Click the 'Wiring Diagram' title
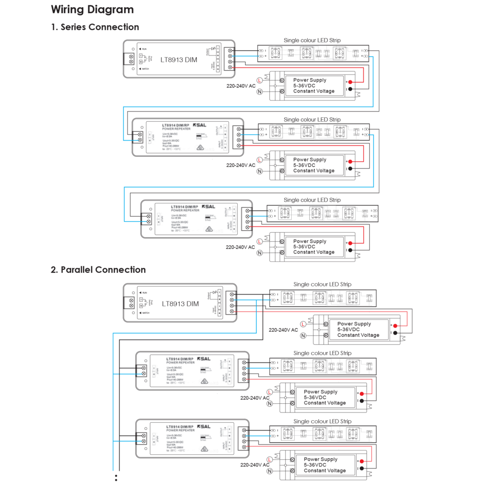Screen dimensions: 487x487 [92, 10]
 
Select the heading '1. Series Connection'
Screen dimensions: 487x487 [95, 27]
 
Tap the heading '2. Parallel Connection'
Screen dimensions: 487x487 [98, 270]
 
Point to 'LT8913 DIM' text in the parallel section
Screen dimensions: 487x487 [180, 304]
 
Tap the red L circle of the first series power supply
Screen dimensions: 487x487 [259, 80]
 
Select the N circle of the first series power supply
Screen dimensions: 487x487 [259, 92]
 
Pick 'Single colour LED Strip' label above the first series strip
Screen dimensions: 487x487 [312, 40]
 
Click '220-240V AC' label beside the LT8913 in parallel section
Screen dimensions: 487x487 [283, 330]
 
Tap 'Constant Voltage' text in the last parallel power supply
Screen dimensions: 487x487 [325, 470]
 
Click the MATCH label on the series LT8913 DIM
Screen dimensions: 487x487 [149, 70]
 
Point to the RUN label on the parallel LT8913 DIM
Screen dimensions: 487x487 [145, 292]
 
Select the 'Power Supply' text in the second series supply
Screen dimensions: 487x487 [310, 160]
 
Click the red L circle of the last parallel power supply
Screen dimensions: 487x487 [269, 459]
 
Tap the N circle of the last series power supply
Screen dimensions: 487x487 [259, 253]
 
